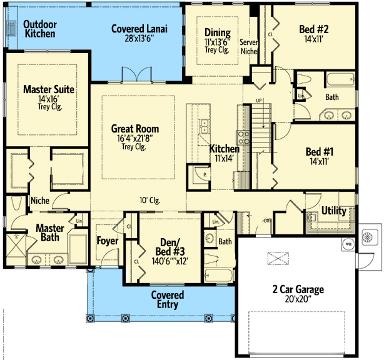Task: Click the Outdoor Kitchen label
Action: [x=39, y=28]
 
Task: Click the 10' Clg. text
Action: [x=151, y=201]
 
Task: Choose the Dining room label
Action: [x=218, y=33]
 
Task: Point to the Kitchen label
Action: [x=224, y=149]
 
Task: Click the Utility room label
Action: [x=333, y=211]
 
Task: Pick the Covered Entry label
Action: [x=168, y=299]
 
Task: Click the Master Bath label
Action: [x=49, y=232]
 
